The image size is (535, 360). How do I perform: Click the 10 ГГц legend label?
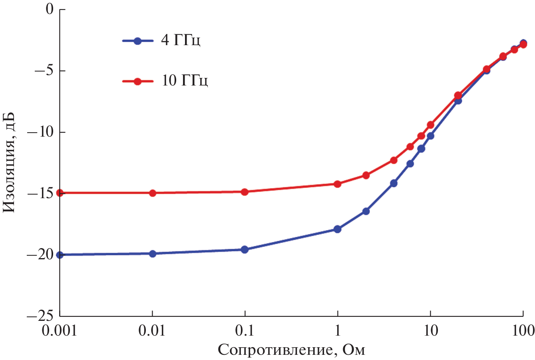click(185, 81)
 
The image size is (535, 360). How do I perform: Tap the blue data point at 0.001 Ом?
click(60, 255)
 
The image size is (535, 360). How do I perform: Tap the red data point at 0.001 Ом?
click(60, 193)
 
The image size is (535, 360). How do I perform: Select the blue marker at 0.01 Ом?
click(152, 254)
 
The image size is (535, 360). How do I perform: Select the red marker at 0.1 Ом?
click(245, 192)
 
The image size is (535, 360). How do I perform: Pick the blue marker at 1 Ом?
click(338, 229)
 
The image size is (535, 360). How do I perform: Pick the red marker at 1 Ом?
click(338, 184)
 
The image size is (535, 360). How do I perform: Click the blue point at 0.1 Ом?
click(245, 250)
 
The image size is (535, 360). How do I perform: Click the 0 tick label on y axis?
click(50, 9)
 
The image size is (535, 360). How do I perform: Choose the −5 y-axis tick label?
click(44, 70)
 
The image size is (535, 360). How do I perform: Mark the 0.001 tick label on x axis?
click(60, 331)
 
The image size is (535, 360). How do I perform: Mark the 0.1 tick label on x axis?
click(245, 331)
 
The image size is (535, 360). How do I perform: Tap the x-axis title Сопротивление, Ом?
click(291, 350)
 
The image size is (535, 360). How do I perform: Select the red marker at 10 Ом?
click(430, 125)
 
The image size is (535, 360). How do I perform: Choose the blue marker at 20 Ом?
click(458, 101)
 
